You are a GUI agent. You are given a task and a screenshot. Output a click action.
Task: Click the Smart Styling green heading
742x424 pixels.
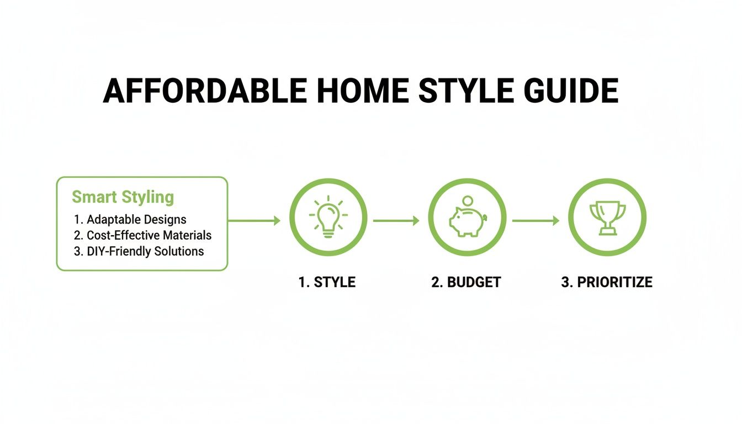tap(123, 197)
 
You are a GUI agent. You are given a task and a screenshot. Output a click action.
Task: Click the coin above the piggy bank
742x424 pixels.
tap(468, 200)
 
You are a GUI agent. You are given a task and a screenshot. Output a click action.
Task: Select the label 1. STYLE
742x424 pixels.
tap(327, 282)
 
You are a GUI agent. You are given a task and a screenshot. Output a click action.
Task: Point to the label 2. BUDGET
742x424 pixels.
tap(466, 282)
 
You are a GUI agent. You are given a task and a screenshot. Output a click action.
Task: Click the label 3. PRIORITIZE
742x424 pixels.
tap(607, 282)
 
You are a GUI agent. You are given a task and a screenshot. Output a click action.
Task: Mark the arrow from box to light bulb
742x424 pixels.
tap(254, 221)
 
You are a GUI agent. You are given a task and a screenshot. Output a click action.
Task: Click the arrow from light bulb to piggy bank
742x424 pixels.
tap(396, 221)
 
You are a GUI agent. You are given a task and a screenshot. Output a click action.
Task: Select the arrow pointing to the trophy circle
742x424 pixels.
tap(536, 221)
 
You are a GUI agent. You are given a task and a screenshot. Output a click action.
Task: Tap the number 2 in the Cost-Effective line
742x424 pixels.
tap(77, 235)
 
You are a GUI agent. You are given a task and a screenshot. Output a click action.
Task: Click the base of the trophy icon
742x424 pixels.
tap(607, 232)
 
